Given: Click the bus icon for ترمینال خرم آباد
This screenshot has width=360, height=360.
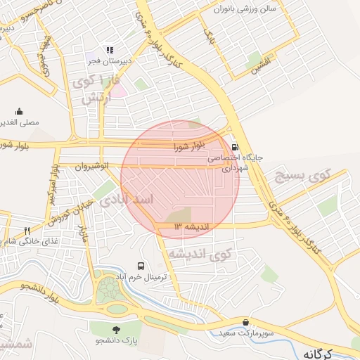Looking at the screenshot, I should [x=141, y=266].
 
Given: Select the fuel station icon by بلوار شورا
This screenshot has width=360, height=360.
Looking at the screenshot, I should [x=233, y=147].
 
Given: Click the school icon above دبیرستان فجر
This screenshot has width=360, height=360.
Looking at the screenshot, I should [x=109, y=50].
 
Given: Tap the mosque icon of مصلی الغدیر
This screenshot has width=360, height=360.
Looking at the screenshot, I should [x=19, y=111].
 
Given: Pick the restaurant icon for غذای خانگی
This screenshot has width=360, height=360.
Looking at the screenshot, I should [x=27, y=231].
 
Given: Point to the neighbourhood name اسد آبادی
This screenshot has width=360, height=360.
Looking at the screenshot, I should [x=127, y=200].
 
